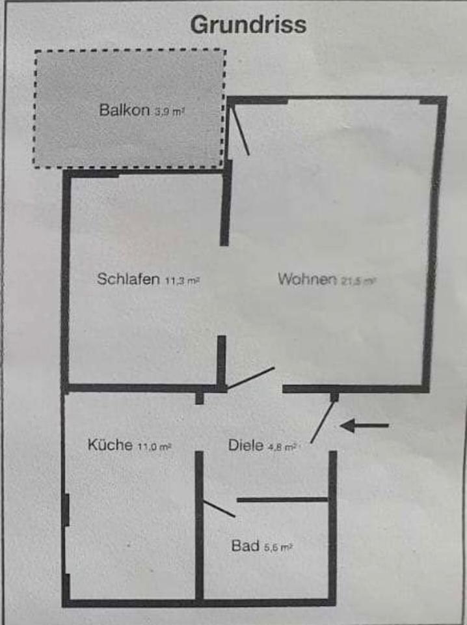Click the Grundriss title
[248, 25]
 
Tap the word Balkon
[124, 110]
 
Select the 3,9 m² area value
[170, 112]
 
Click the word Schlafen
[128, 279]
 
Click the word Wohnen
[306, 279]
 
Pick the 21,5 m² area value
[358, 281]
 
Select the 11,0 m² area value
[155, 447]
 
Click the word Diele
[245, 446]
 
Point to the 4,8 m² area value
[282, 447]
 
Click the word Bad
[245, 546]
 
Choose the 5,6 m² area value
[278, 548]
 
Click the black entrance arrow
[364, 426]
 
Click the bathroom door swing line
[219, 508]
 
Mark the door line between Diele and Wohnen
[250, 379]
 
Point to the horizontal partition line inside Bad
[282, 500]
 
